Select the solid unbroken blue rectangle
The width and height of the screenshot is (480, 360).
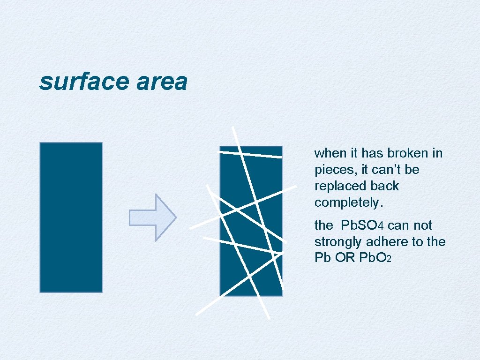tap(71, 217)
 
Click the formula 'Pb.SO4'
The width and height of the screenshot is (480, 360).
tap(362, 225)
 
